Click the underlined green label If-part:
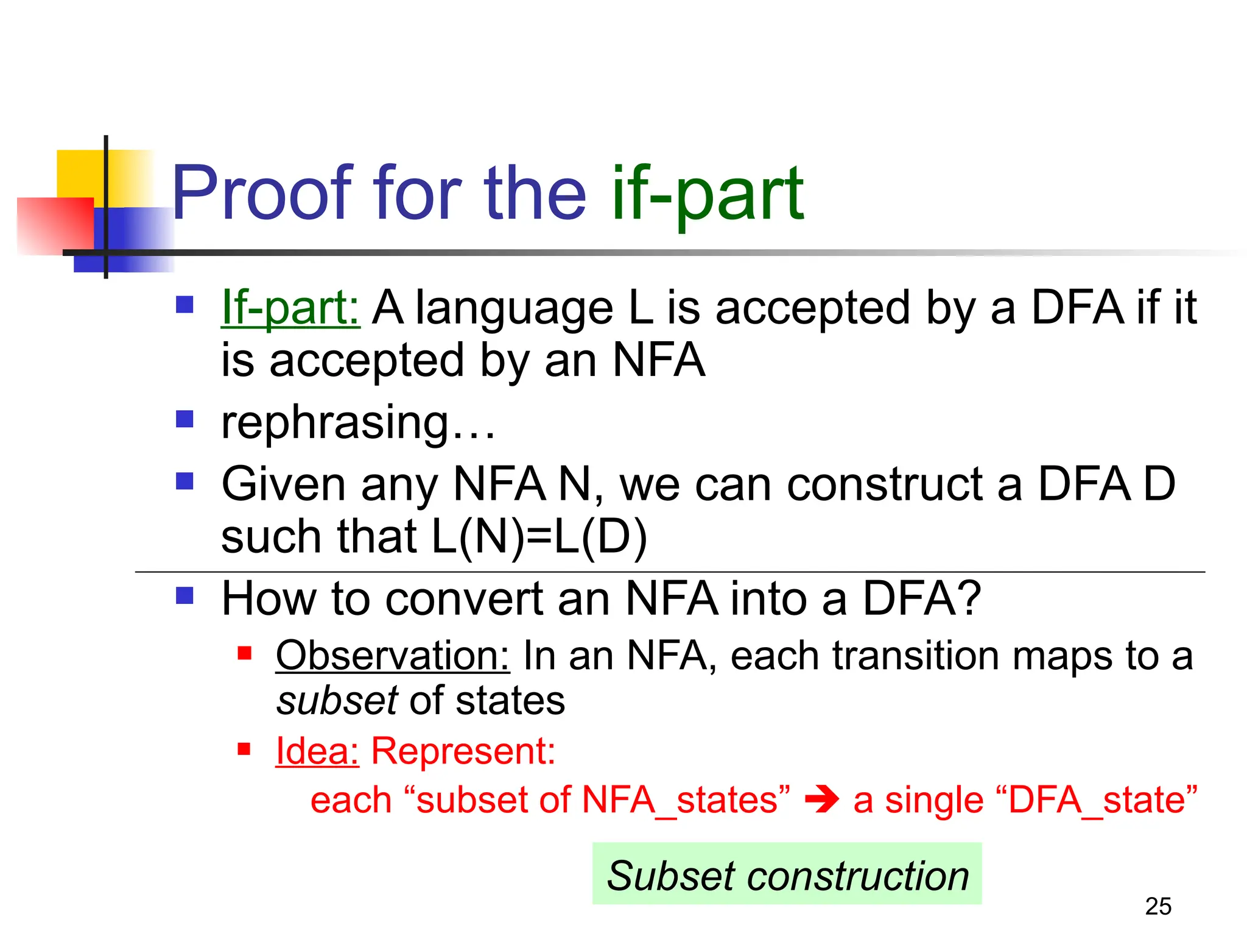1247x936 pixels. coord(290,308)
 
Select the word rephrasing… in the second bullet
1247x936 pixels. coord(358,422)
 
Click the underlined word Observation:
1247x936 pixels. coord(392,656)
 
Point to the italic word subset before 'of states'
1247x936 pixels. coord(337,701)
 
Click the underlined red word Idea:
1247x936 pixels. coord(317,750)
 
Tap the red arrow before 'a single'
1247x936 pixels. coord(821,799)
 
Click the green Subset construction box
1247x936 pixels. coord(787,875)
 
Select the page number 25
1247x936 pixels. coord(1157,907)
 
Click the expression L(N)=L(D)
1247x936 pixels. coord(539,537)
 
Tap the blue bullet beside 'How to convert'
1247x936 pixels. coord(184,595)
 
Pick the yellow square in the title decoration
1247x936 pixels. coord(79,173)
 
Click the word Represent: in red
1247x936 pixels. coord(463,750)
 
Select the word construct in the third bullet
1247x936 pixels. coord(885,484)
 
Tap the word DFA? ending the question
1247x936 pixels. coord(921,599)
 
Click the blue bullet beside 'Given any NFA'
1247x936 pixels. coord(184,481)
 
